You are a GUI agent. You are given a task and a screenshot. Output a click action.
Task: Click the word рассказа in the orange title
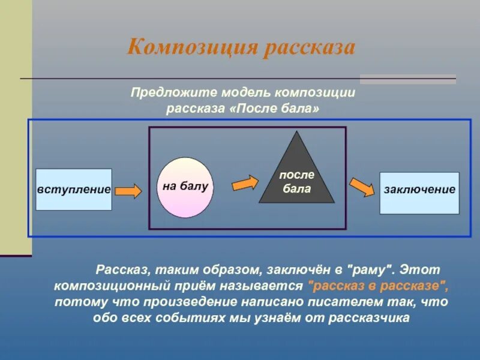point(309,47)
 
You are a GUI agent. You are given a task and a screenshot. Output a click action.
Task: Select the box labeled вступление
point(74,190)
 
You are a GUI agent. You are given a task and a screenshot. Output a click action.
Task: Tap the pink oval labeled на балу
point(185,187)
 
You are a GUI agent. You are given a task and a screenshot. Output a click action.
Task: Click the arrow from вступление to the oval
point(128,191)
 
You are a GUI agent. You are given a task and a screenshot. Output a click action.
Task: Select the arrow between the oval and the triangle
point(245,182)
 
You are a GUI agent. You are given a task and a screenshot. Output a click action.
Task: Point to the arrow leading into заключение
point(362,187)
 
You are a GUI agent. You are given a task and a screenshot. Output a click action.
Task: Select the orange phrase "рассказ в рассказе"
point(377,284)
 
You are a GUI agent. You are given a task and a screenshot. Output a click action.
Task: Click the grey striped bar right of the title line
point(407,79)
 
